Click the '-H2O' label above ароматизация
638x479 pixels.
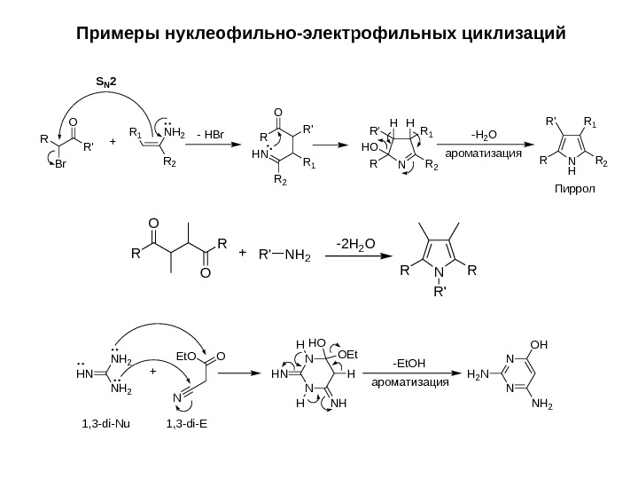tap(484, 135)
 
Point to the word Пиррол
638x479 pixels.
tap(572, 190)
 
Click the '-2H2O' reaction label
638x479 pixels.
tap(354, 241)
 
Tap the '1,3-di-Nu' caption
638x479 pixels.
tap(105, 422)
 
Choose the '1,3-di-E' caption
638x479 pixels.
tap(187, 422)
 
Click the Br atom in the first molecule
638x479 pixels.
tap(61, 164)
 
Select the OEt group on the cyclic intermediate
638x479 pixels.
tap(352, 355)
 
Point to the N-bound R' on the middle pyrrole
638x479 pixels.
tap(435, 289)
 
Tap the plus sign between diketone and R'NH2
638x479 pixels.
tap(242, 253)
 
